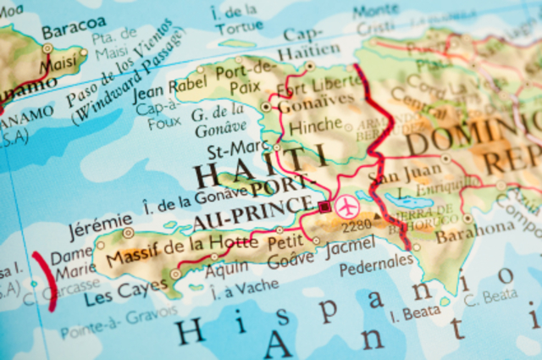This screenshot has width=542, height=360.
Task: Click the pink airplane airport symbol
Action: tap(346, 206)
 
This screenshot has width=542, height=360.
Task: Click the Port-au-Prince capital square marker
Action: tap(324, 206)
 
